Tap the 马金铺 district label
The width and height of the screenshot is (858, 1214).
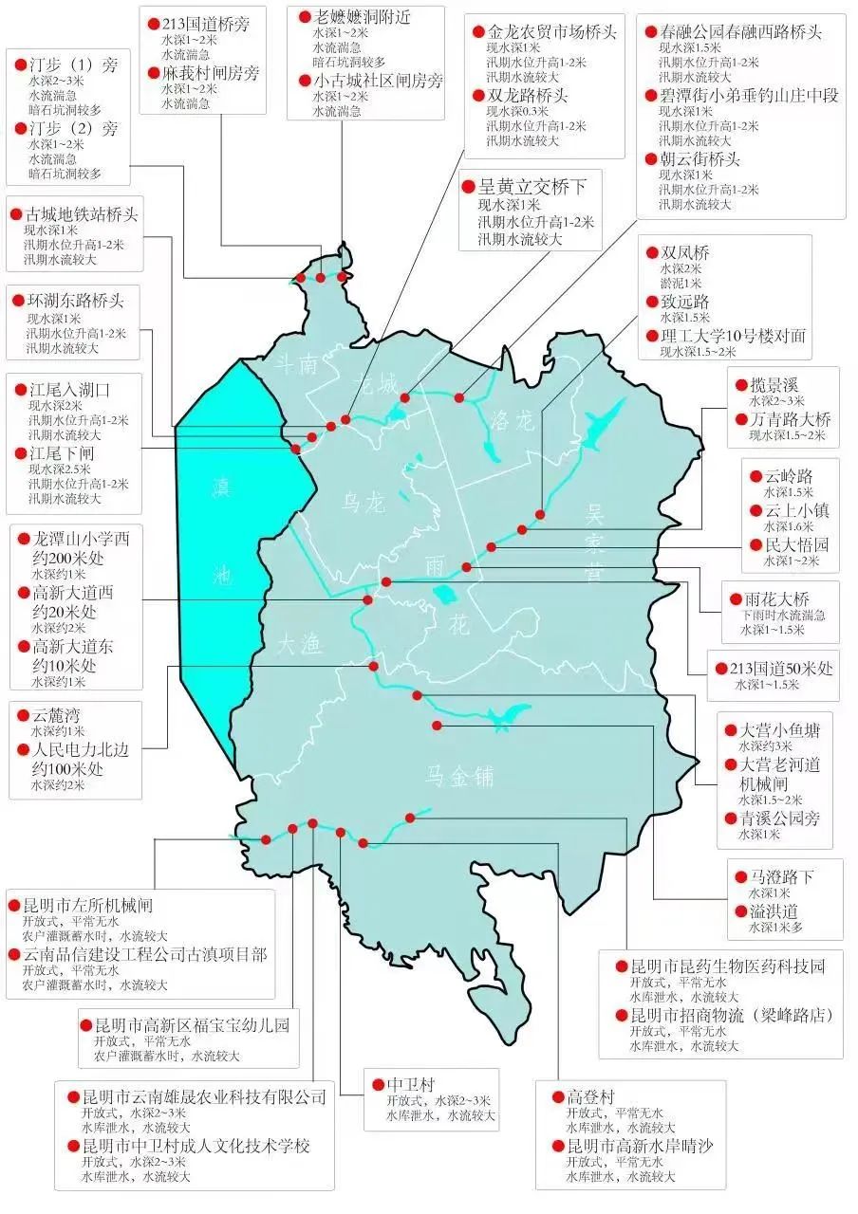point(459,777)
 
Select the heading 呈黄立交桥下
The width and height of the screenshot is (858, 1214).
point(536,187)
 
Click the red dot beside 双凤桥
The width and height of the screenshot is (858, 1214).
point(652,254)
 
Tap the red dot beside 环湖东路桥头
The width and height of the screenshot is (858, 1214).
point(16,303)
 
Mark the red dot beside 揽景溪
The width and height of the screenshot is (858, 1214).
point(743,384)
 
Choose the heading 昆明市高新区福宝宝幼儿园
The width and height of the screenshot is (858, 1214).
point(185,1025)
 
